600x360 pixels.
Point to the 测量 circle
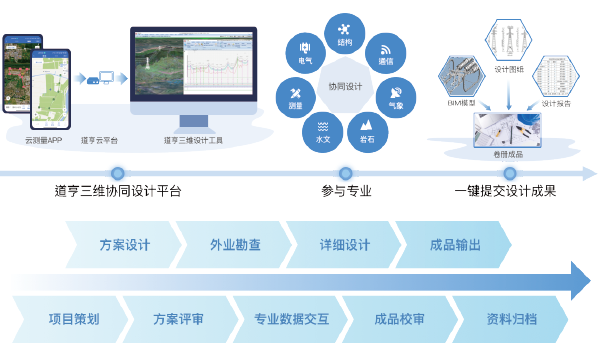(295, 98)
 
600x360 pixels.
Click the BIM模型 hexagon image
(463, 80)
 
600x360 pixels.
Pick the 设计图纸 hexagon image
(508, 40)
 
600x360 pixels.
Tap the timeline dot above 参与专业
(346, 172)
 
